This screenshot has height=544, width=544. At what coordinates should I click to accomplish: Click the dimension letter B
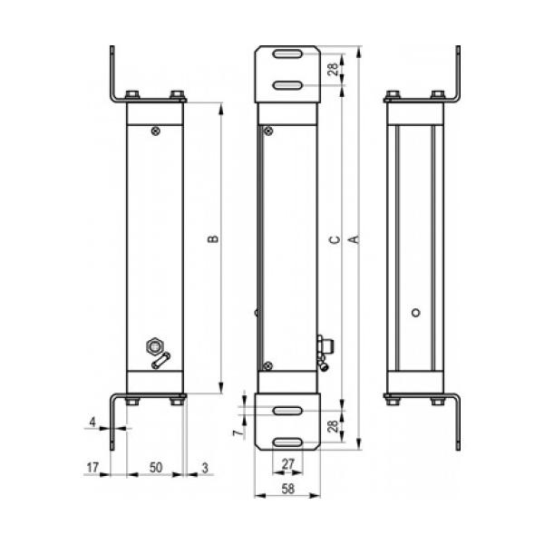(x=213, y=238)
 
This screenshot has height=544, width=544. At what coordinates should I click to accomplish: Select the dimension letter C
(x=335, y=239)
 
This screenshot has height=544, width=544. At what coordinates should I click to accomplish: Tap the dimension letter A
(x=355, y=239)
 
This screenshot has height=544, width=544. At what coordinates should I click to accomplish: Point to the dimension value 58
(x=288, y=489)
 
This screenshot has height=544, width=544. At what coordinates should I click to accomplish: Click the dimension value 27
(x=288, y=464)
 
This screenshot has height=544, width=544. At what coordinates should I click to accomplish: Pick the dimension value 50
(x=156, y=467)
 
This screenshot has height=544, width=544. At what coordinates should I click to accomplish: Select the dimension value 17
(x=92, y=467)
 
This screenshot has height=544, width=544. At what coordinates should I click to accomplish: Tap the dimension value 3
(x=205, y=468)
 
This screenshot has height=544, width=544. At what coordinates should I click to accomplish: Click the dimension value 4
(x=92, y=422)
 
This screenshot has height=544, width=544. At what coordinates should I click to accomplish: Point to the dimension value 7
(x=237, y=433)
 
